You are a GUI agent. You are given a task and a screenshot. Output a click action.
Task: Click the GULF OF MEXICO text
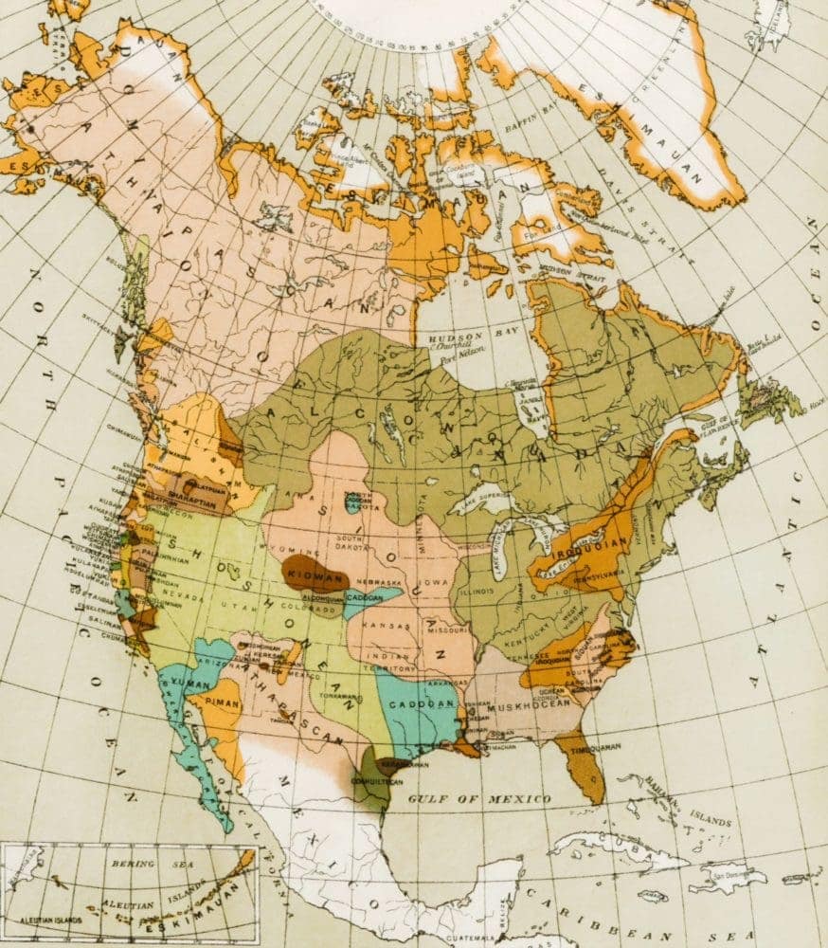tap(479, 799)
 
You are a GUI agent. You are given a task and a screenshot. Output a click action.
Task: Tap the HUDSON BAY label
tap(457, 337)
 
